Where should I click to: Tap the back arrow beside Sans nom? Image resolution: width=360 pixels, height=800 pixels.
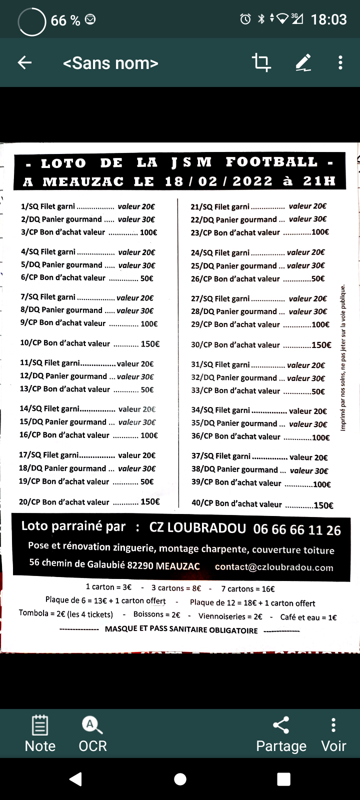coord(24,62)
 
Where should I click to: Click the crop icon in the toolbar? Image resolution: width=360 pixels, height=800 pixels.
coord(261,62)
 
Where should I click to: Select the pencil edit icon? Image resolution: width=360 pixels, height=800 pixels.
coord(303,62)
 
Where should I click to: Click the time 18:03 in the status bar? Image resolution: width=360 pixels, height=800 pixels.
coord(328,19)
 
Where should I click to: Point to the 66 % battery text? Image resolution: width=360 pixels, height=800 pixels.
coord(65,20)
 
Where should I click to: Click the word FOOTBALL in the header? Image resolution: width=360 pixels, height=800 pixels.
coord(271,162)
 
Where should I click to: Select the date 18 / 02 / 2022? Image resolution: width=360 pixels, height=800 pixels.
coord(218,181)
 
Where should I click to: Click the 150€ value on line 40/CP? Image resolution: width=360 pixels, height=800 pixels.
coord(323,505)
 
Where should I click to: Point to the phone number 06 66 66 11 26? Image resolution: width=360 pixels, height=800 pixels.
coord(297,530)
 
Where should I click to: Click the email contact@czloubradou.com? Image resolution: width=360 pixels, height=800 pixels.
coord(274,567)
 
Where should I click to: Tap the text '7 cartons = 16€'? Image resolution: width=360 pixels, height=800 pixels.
coord(248,589)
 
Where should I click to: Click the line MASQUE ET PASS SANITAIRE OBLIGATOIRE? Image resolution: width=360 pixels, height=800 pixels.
coord(181,630)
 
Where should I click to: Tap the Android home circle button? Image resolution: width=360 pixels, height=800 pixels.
coord(180,779)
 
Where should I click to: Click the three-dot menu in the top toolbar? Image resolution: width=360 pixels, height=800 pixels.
coord(340,62)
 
